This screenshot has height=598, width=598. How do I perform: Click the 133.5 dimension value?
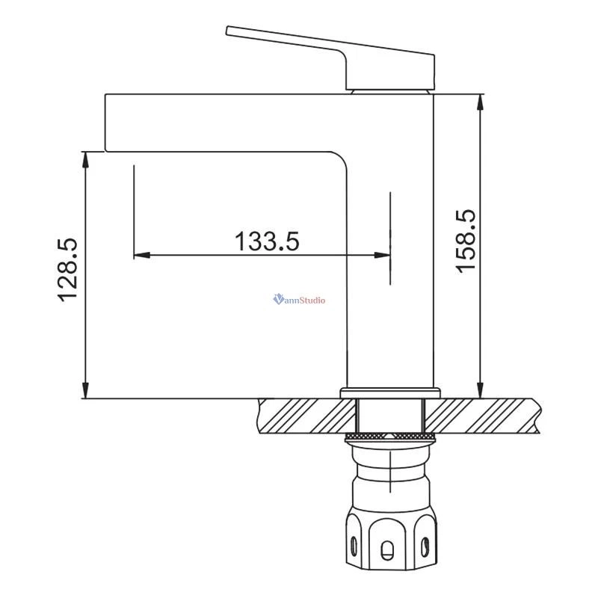click(267, 241)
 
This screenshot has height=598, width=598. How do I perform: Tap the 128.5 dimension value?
click(68, 270)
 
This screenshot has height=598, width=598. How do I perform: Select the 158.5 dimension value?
click(466, 241)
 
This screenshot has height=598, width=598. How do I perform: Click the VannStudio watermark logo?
click(300, 300)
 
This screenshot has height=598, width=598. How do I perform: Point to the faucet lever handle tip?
click(228, 31)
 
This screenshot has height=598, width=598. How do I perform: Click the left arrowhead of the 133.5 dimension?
click(141, 255)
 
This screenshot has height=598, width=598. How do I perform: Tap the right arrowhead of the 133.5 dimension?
click(382, 255)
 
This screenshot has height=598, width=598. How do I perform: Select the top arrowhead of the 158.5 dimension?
click(481, 102)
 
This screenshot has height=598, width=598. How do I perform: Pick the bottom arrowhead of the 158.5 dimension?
click(481, 390)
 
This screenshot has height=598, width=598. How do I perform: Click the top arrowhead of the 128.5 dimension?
click(86, 159)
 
